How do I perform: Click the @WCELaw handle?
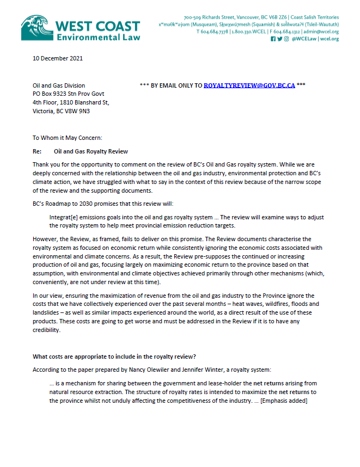[x=308, y=39]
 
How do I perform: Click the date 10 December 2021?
[x=58, y=58]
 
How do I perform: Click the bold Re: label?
[x=38, y=151]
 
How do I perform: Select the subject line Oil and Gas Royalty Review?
[x=91, y=151]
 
